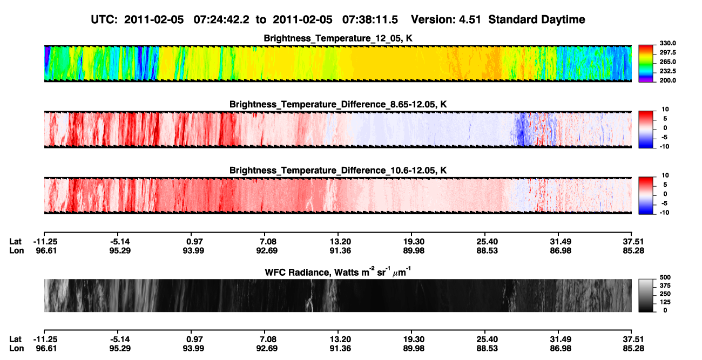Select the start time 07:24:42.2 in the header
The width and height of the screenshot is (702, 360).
point(221,20)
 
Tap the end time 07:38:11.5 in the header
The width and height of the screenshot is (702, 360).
point(370,20)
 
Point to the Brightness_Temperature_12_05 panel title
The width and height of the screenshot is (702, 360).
point(338,38)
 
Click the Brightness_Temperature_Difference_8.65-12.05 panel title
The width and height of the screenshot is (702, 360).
point(338,104)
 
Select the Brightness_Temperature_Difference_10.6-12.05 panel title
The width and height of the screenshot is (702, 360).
point(338,171)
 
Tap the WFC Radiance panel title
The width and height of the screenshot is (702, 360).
point(338,272)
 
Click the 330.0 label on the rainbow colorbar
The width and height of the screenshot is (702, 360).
point(667,43)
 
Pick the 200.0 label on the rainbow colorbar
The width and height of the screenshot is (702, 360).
point(667,80)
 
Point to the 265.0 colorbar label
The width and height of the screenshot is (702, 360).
point(667,62)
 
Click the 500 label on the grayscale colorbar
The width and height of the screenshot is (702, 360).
point(665,277)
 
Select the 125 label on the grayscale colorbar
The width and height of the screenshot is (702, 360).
point(665,302)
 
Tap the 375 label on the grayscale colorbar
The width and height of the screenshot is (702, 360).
point(665,286)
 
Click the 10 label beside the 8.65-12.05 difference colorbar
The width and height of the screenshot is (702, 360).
point(665,110)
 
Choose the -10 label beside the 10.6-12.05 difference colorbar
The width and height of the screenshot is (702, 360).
point(664,213)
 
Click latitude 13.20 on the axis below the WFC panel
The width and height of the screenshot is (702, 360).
point(340,339)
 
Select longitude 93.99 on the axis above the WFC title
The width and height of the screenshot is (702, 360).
point(193,250)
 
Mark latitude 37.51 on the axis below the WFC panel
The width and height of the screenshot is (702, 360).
point(633,339)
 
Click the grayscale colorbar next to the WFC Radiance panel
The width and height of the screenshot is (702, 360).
point(646,295)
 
